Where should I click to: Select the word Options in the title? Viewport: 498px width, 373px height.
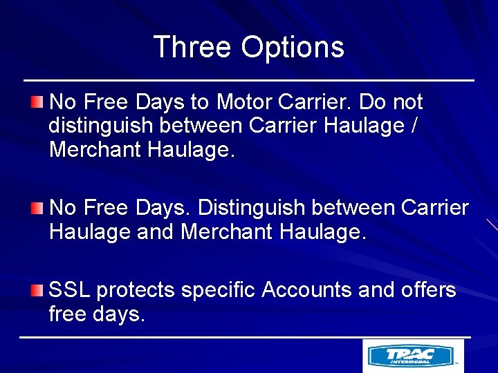pos(293,48)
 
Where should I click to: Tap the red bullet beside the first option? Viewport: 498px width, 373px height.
pos(36,103)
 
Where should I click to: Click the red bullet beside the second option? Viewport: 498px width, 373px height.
pos(36,208)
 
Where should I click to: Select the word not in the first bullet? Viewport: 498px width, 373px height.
pos(407,102)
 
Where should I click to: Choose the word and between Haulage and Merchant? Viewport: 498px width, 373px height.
pos(156,232)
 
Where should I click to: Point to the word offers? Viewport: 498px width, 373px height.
pos(429,290)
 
